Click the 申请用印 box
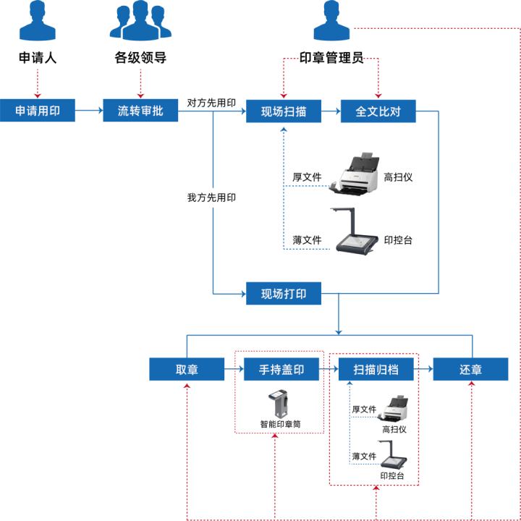38,111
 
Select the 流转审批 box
140,111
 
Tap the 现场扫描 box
284,111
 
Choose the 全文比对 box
378,111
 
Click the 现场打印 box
284,294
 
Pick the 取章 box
187,369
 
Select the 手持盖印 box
281,369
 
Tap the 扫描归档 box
376,369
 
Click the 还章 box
470,369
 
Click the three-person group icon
140,22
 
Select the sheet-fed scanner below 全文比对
359,175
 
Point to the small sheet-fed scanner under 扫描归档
395,408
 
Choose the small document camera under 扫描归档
393,454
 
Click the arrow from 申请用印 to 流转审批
89,111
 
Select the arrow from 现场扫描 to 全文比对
331,111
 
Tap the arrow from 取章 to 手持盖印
234,369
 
